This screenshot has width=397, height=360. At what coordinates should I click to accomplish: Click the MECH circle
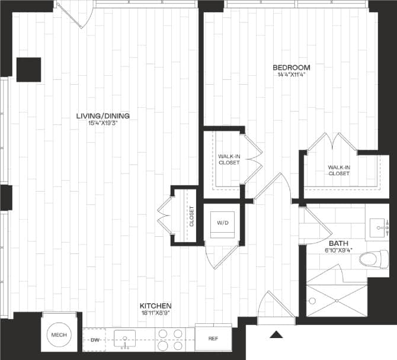(x=59, y=335)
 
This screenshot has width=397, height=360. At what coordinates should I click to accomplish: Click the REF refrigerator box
(x=213, y=339)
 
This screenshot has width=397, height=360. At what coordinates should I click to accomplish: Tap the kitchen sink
(x=126, y=339)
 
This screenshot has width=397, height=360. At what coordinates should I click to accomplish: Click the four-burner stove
(x=171, y=339)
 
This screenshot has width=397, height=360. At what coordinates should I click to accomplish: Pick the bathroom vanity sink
(x=379, y=226)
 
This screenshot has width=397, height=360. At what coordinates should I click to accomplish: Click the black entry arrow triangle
(x=276, y=335)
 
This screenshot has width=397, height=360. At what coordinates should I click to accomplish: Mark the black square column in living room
(x=28, y=69)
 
